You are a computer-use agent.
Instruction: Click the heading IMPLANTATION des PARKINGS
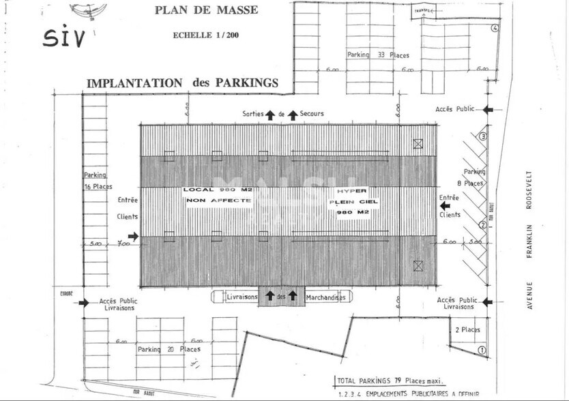[x=182, y=83]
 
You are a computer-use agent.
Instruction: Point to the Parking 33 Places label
[x=378, y=55]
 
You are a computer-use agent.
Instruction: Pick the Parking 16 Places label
[x=98, y=181]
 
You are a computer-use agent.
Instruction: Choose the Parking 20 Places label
[x=169, y=349]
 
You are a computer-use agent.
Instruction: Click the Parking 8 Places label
[x=474, y=177]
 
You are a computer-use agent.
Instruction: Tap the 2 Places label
[x=467, y=329]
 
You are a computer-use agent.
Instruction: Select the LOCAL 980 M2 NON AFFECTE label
[x=218, y=195]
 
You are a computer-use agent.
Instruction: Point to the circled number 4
[x=495, y=28]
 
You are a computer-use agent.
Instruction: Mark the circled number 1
[x=482, y=351]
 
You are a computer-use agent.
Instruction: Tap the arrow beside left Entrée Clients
[x=133, y=236]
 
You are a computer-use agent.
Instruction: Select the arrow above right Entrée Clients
[x=445, y=205]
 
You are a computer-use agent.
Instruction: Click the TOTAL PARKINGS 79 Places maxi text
[x=389, y=381]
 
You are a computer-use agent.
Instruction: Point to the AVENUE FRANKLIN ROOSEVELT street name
[x=529, y=239]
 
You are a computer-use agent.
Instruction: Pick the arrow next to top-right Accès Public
[x=488, y=109]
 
